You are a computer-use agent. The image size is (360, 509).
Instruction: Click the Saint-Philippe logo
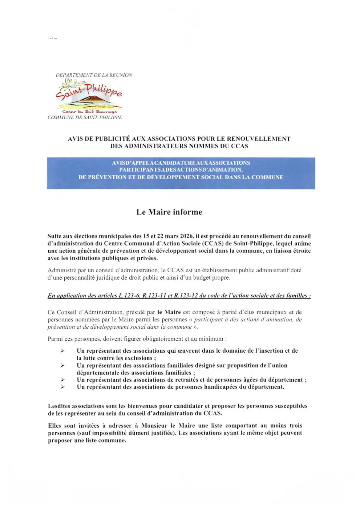point(89,95)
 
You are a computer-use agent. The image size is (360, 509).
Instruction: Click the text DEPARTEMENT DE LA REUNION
point(94,75)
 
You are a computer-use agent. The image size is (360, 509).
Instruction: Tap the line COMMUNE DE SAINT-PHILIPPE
point(85,117)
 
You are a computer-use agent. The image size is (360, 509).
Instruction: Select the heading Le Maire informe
point(169,212)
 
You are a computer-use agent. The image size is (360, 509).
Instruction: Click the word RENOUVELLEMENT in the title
point(259,139)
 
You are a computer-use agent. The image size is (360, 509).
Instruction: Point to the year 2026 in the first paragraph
point(187,236)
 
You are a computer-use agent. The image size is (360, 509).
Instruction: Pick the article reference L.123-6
point(130,296)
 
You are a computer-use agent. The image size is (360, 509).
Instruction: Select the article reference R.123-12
point(186,296)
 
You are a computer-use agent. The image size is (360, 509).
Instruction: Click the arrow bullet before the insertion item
point(62,351)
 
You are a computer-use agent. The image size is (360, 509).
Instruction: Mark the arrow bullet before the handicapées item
point(62,387)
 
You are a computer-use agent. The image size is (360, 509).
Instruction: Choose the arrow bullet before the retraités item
point(62,380)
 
